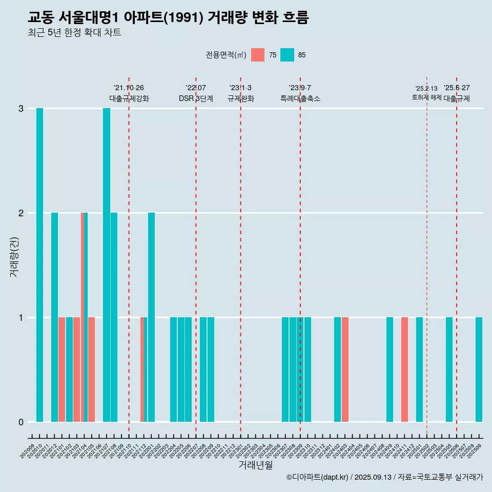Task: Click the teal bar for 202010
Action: (x=39, y=265)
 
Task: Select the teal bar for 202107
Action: (x=107, y=265)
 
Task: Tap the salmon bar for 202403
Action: (x=345, y=370)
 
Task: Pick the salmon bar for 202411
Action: (x=404, y=370)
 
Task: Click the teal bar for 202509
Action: (x=479, y=370)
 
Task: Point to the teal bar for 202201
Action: (x=151, y=317)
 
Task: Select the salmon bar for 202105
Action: (x=91, y=370)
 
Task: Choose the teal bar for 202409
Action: (x=389, y=370)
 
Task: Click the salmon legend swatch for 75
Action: (x=258, y=55)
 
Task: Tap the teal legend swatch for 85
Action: (x=288, y=55)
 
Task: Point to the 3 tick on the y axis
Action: (x=21, y=109)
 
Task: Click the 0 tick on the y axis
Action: (x=21, y=422)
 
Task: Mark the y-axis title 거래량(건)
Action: (x=14, y=256)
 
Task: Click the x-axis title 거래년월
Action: (x=255, y=465)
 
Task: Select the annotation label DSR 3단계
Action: (x=196, y=98)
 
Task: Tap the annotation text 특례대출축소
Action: (x=300, y=98)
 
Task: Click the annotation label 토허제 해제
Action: (x=426, y=97)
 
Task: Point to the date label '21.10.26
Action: (x=129, y=88)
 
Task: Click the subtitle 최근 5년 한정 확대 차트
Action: (x=74, y=33)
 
